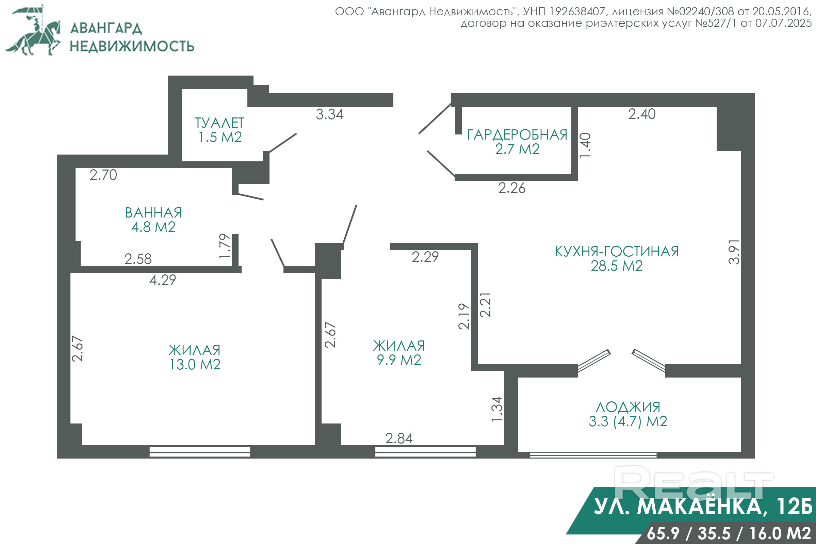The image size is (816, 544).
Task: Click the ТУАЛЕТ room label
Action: tap(219, 123)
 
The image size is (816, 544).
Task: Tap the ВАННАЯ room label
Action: tap(153, 213)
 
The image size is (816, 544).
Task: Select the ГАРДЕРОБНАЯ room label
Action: tap(517, 134)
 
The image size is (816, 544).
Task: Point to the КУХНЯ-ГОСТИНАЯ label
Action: tap(617, 252)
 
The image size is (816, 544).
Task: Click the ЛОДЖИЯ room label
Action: tap(628, 407)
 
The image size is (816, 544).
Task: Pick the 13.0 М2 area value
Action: tap(195, 364)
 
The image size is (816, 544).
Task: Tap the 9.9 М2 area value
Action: tap(399, 360)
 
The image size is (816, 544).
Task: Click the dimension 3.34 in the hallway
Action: tap(329, 114)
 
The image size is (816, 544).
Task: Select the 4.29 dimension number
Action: tap(163, 280)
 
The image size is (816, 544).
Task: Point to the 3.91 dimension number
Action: tap(734, 252)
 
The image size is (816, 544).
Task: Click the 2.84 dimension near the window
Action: tap(399, 438)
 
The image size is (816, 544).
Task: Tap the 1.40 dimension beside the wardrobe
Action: tap(585, 145)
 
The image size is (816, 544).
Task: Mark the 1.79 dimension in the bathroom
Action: tap(225, 246)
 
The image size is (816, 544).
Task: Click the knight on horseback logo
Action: tap(33, 30)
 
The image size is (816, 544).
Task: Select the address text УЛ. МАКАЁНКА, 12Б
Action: tap(703, 507)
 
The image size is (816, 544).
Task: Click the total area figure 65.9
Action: tap(663, 533)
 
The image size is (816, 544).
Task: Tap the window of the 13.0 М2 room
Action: tap(200, 452)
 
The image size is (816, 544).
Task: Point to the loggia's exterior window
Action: tap(593, 455)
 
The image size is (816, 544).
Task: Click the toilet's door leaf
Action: tap(283, 143)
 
